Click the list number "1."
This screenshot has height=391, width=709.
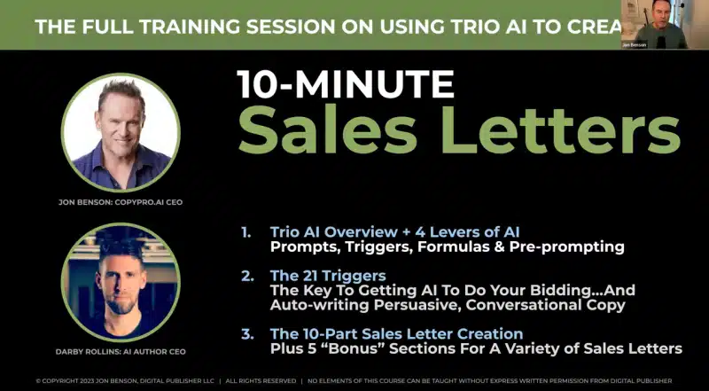(247, 231)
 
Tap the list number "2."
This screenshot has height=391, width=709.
(247, 276)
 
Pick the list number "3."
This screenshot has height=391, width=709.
(247, 333)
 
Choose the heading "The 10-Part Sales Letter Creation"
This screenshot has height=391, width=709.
(396, 333)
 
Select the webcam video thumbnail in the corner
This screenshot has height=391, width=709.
(654, 25)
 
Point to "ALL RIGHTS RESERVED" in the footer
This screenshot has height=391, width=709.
(261, 380)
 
